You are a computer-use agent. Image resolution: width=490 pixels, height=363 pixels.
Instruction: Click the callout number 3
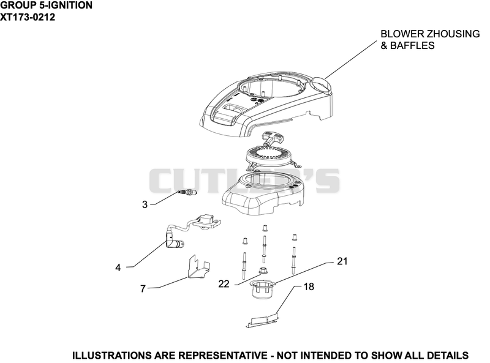tap(145, 204)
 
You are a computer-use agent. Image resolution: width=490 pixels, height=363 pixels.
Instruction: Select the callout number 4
tap(118, 268)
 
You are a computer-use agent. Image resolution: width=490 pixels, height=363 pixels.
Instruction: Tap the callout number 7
tap(143, 289)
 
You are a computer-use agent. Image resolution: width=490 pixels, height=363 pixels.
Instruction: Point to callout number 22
tap(224, 283)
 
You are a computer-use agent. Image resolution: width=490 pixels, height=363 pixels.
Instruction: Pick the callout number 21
tap(342, 261)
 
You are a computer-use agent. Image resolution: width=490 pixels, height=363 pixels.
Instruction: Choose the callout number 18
tap(309, 286)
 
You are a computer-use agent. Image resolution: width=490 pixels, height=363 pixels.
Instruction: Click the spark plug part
tap(187, 193)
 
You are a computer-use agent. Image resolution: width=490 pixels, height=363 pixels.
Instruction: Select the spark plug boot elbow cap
tap(174, 243)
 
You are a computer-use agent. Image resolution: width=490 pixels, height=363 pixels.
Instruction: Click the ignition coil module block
tap(206, 221)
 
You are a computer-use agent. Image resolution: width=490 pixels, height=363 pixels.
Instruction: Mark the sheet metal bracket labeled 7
tap(199, 266)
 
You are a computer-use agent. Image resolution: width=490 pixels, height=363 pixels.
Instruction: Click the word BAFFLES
tap(412, 46)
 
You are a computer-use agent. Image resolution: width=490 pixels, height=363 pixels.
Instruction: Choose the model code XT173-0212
tap(28, 17)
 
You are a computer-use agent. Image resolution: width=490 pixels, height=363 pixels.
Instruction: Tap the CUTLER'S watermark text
tap(244, 181)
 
